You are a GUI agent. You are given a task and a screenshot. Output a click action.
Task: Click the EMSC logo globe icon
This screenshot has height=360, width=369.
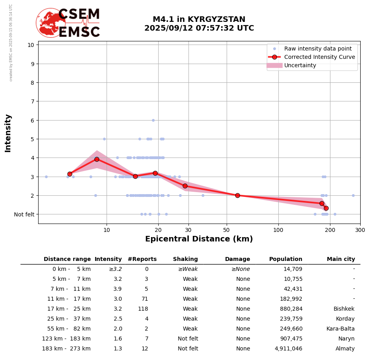click(x=50, y=23)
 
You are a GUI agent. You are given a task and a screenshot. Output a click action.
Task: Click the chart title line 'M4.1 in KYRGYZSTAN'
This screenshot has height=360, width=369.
click(x=199, y=19)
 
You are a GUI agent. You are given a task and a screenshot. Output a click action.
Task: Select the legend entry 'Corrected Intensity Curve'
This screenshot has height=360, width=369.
click(x=320, y=57)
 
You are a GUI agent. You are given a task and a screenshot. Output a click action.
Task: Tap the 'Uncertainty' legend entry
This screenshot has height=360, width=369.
click(x=300, y=65)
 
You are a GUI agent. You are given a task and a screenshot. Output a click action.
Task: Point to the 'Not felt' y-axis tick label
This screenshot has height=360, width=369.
click(x=24, y=214)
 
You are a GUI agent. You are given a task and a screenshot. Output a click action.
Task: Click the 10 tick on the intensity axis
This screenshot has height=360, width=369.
click(x=31, y=45)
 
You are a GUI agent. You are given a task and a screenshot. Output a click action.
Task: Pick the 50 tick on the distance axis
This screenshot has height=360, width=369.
click(x=227, y=230)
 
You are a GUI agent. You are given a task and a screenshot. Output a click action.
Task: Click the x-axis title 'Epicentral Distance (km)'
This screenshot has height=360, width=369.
click(x=199, y=239)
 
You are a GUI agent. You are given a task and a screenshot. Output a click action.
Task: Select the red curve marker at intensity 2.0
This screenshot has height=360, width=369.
click(x=237, y=195)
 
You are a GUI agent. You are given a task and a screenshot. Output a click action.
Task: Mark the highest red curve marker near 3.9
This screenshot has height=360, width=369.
click(x=97, y=159)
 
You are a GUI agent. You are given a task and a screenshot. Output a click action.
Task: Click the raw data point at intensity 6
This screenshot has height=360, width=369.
click(x=153, y=120)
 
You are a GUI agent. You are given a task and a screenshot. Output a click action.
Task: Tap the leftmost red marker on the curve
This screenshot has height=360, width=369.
click(x=70, y=174)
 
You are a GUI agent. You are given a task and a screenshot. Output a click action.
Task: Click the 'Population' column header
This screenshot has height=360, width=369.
click(x=285, y=259)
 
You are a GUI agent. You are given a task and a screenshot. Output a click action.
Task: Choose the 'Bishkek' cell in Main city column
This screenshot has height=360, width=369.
click(x=344, y=309)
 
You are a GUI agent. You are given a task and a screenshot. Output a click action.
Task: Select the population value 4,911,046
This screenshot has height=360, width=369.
click(x=288, y=349)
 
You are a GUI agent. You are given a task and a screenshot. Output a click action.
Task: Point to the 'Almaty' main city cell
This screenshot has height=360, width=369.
click(x=345, y=349)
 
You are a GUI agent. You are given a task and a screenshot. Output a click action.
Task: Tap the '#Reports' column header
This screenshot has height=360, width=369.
click(x=142, y=259)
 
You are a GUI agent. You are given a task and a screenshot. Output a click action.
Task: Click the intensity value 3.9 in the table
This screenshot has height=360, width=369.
click(x=118, y=289)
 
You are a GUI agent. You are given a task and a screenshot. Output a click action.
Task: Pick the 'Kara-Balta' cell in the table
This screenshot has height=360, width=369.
click(x=340, y=329)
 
